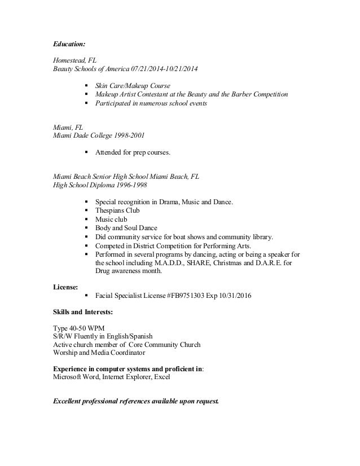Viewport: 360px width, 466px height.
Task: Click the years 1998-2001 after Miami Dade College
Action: click(128, 135)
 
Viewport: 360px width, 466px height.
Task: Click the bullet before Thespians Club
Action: click(85, 210)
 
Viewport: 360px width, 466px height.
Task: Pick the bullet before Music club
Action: click(85, 219)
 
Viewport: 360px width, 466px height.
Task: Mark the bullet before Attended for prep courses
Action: click(85, 152)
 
